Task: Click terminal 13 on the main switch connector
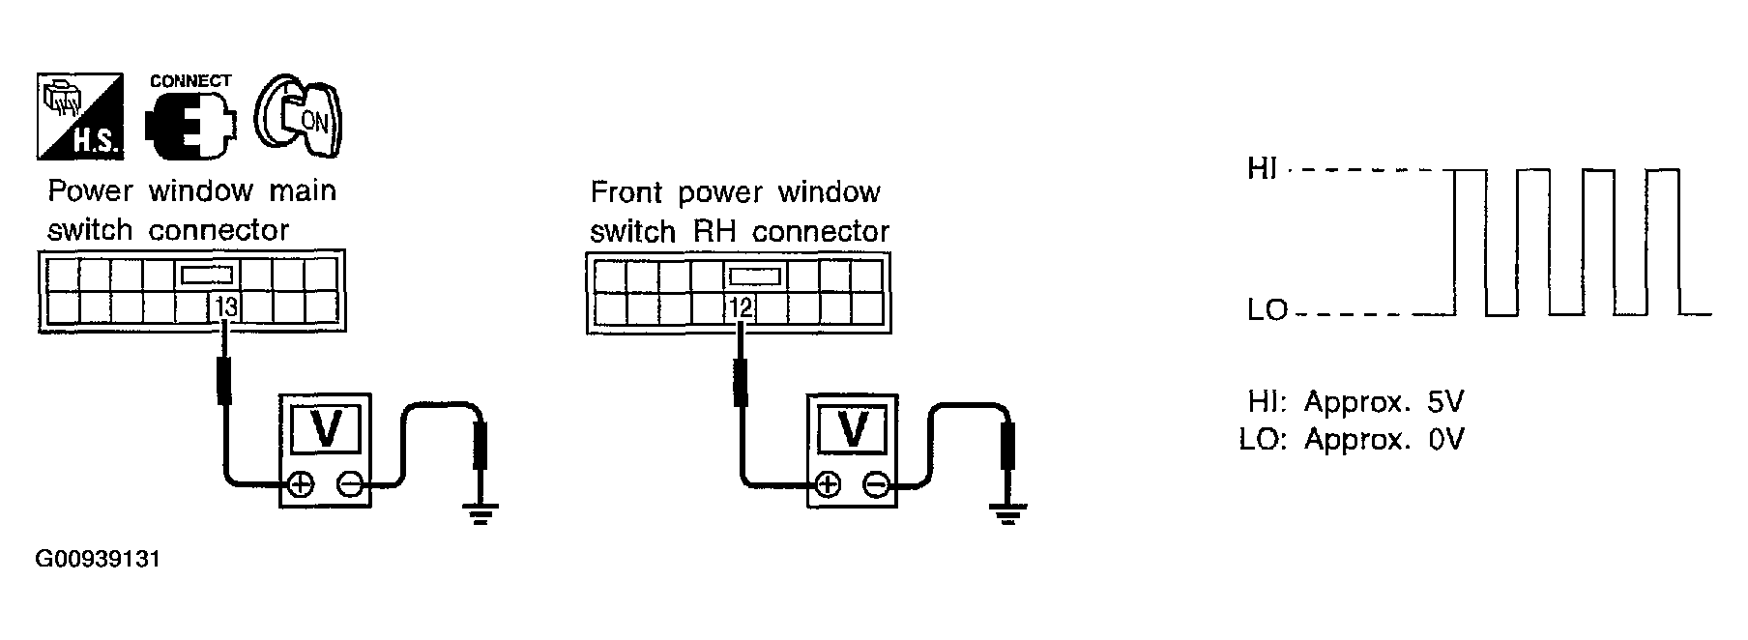(x=226, y=306)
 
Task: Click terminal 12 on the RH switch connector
(x=741, y=308)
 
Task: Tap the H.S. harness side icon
(x=79, y=116)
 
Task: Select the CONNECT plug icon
(x=190, y=118)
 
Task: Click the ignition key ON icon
(x=299, y=116)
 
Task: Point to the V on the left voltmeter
(x=326, y=428)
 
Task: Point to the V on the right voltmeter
(x=853, y=428)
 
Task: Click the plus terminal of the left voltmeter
(x=301, y=484)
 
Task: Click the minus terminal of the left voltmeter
(x=351, y=484)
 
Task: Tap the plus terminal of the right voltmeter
(x=828, y=484)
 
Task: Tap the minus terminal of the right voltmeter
(x=877, y=484)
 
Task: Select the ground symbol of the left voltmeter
(x=480, y=512)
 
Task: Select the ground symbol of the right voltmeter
(x=1008, y=512)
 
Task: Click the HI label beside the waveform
(x=1262, y=169)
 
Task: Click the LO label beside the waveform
(x=1267, y=311)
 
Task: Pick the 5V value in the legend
(x=1447, y=401)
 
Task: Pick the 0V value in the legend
(x=1446, y=440)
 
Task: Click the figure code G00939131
(x=98, y=560)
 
